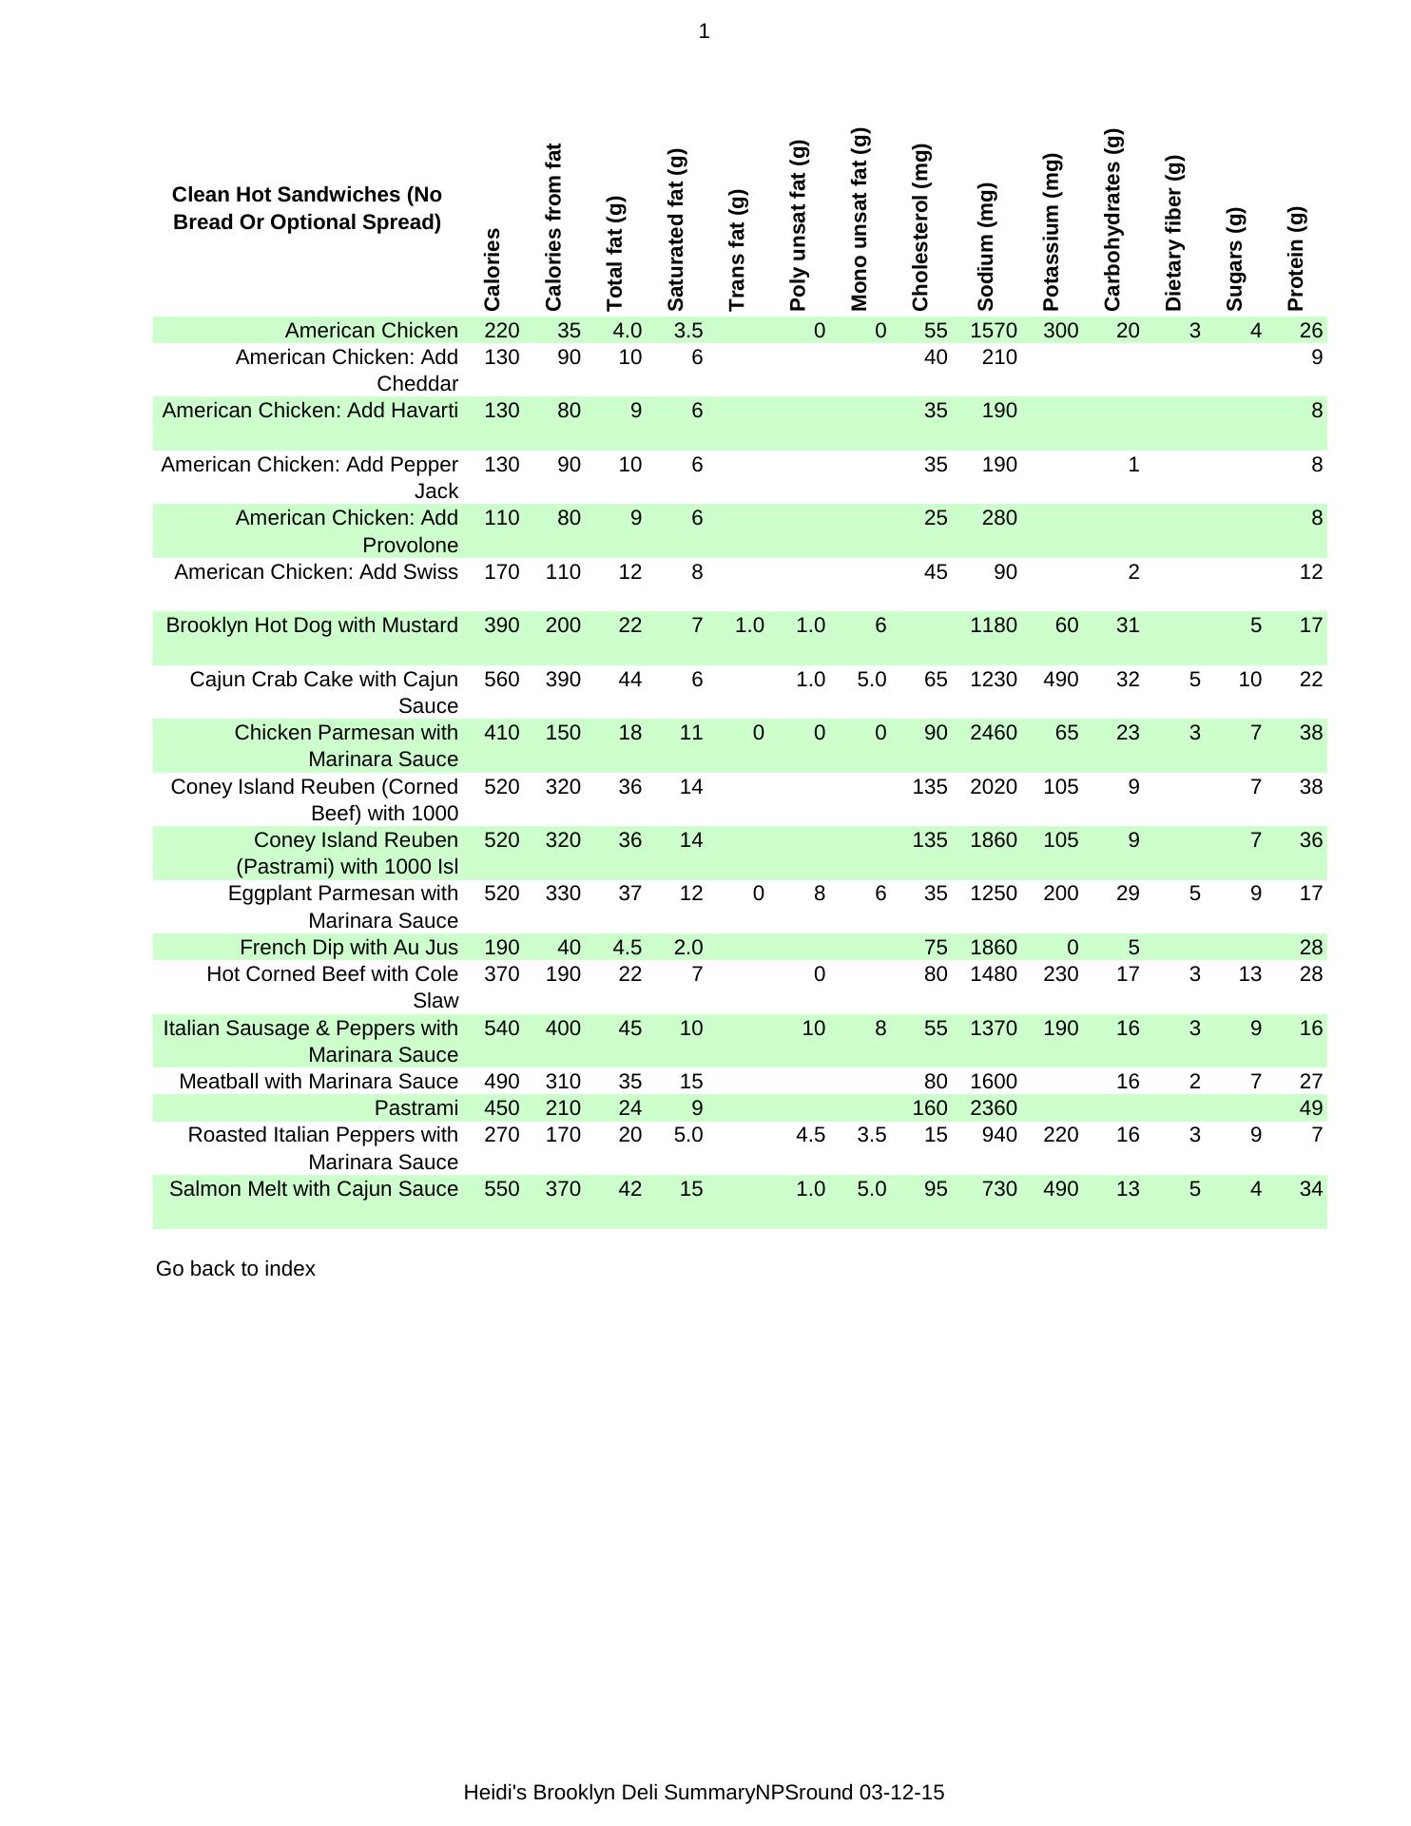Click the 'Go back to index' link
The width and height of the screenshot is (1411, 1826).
point(235,1269)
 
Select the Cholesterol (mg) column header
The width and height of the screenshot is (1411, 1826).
point(920,228)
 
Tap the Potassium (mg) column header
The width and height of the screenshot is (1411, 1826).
point(1051,232)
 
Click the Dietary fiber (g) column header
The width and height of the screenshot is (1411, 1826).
point(1173,234)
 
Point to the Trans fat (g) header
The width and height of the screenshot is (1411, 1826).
point(737,250)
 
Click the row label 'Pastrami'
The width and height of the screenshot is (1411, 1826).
point(416,1108)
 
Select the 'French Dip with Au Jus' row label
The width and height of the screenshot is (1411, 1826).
point(348,948)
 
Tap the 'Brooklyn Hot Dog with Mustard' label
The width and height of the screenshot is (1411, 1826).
point(312,625)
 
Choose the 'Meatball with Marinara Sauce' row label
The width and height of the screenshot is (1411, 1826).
point(319,1082)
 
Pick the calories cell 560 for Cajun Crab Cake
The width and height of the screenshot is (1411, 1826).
point(502,680)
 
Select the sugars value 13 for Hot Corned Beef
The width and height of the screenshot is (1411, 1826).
point(1249,974)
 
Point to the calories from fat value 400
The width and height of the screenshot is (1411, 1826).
point(563,1028)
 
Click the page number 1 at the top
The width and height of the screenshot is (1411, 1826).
point(704,32)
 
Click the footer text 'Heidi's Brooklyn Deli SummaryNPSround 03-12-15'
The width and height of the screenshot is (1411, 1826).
point(704,1793)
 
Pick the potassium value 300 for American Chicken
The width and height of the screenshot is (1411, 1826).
point(1060,331)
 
